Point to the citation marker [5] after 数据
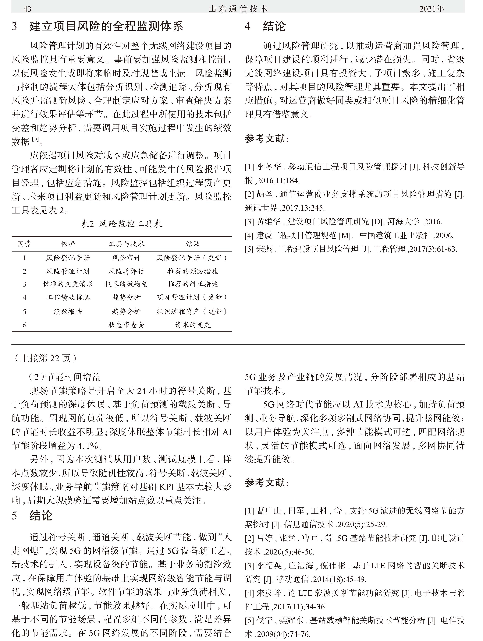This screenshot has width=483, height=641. pyautogui.click(x=35, y=139)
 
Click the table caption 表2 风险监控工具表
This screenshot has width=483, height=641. pyautogui.click(x=122, y=224)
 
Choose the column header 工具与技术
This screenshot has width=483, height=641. pyautogui.click(x=126, y=244)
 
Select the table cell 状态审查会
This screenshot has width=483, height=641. pyautogui.click(x=126, y=325)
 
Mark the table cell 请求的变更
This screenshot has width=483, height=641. pyautogui.click(x=193, y=325)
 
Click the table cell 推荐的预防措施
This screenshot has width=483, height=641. pyautogui.click(x=193, y=271)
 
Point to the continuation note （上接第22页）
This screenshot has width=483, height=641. pyautogui.click(x=45, y=358)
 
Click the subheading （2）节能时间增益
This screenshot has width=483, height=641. pyautogui.click(x=64, y=377)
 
